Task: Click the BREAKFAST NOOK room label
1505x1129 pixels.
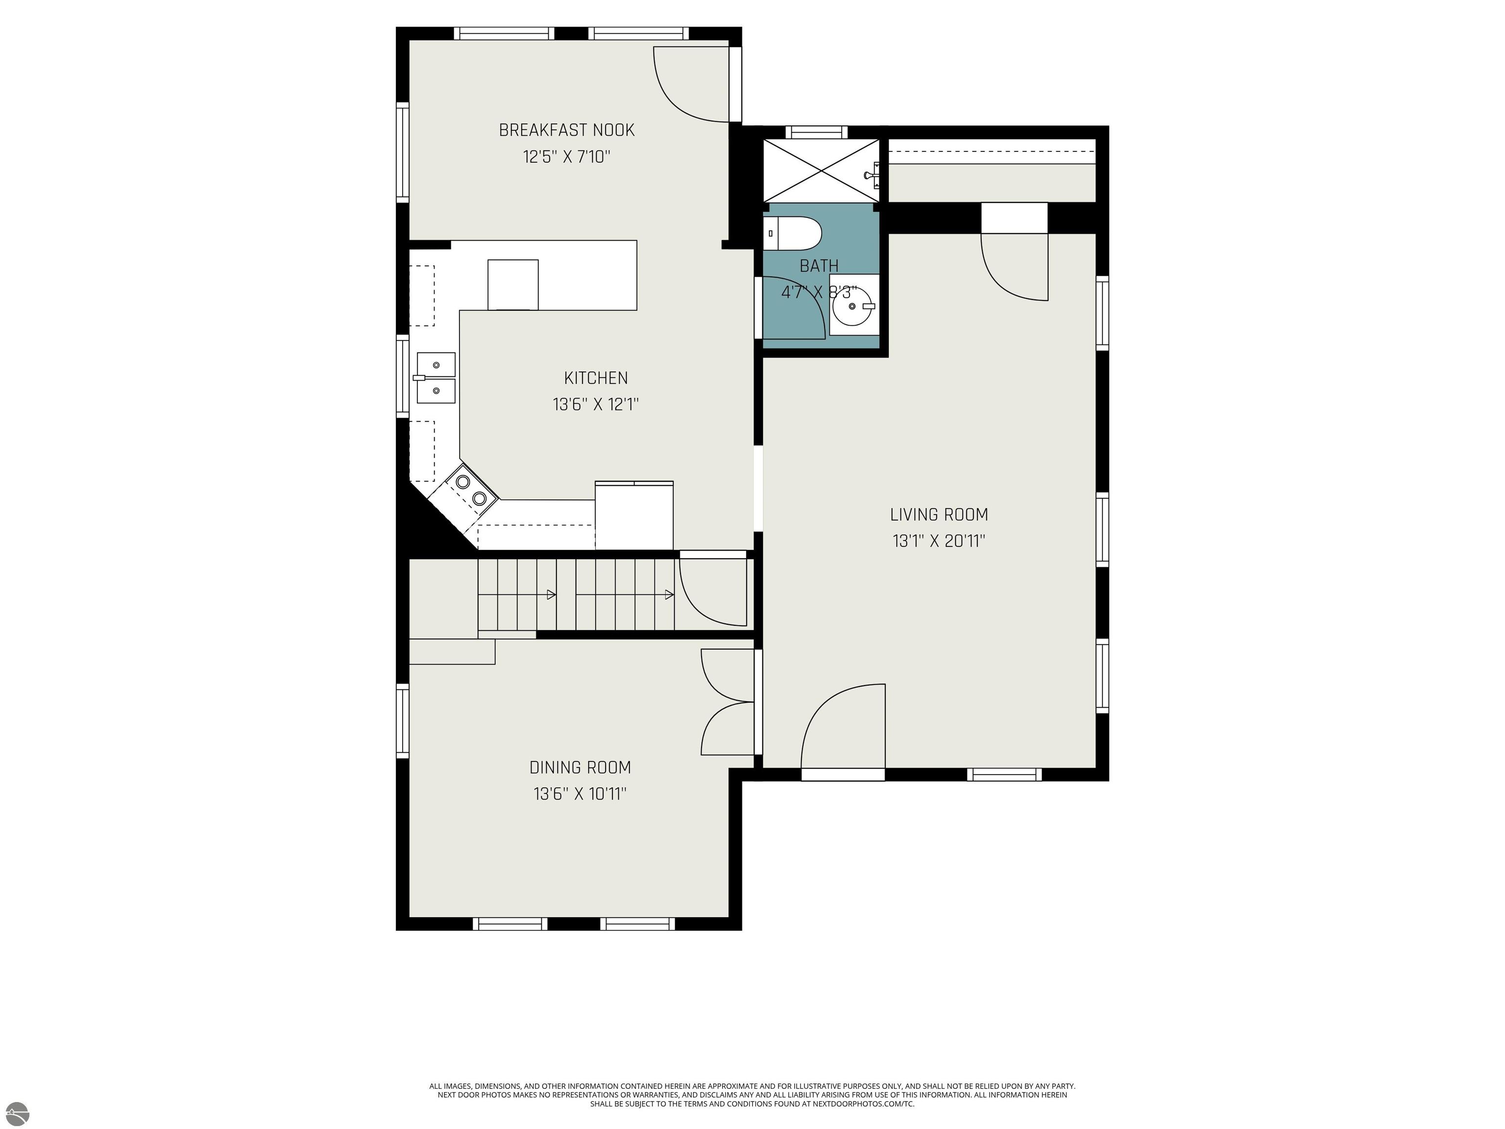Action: [x=567, y=130]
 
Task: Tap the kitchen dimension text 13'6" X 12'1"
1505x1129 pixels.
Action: [x=596, y=405]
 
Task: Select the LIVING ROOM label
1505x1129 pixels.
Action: [x=939, y=515]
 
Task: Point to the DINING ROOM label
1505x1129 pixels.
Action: [x=581, y=768]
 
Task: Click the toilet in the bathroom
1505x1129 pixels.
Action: [x=792, y=233]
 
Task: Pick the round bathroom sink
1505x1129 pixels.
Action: [x=853, y=306]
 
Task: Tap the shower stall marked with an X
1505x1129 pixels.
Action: [x=821, y=170]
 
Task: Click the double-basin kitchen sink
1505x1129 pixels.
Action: [x=436, y=378]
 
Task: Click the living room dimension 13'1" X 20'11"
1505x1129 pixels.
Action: [x=939, y=541]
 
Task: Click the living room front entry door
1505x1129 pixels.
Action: [x=844, y=727]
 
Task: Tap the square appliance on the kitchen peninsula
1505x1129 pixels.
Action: [x=513, y=285]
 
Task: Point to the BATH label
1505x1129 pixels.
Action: [x=819, y=266]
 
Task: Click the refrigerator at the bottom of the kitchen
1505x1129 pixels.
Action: [x=634, y=515]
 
